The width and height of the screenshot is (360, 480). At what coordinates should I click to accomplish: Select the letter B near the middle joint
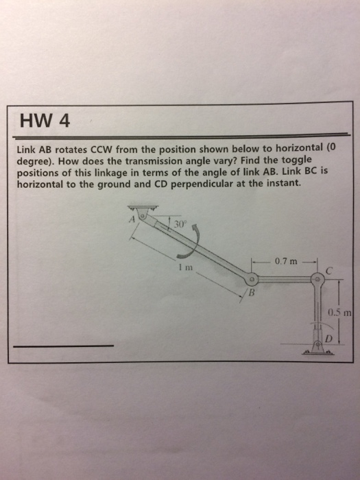[x=251, y=294]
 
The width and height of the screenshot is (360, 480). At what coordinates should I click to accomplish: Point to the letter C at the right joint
[x=329, y=271]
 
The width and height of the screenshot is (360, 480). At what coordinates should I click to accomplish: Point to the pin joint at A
[x=142, y=215]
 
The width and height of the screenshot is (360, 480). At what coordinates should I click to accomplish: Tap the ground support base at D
[x=317, y=350]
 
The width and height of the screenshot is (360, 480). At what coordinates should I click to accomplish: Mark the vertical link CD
[x=317, y=312]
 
